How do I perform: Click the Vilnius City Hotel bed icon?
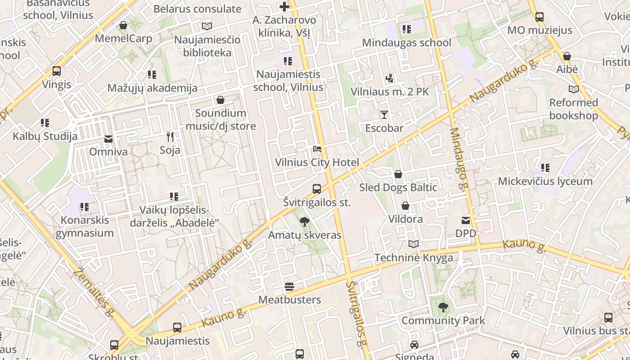click(x=317, y=149)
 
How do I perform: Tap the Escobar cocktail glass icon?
click(x=384, y=115)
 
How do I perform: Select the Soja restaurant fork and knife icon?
click(x=170, y=136)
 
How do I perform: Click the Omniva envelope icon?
click(x=108, y=139)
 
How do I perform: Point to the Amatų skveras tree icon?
click(x=305, y=221)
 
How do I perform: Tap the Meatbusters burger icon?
click(x=289, y=287)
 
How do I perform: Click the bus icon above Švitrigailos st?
click(x=317, y=189)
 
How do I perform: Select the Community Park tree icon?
click(x=443, y=307)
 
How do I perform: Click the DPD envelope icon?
click(x=465, y=220)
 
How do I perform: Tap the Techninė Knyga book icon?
click(x=414, y=244)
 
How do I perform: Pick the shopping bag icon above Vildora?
click(x=405, y=206)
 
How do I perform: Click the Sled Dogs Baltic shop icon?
click(x=398, y=174)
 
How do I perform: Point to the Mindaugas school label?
click(x=406, y=43)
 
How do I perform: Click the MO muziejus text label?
click(x=540, y=30)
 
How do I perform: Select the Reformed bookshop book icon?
click(x=573, y=89)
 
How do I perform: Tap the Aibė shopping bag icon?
click(x=567, y=56)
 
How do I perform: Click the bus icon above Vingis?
click(x=57, y=71)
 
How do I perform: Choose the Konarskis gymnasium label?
click(x=85, y=226)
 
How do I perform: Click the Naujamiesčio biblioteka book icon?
click(x=207, y=26)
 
